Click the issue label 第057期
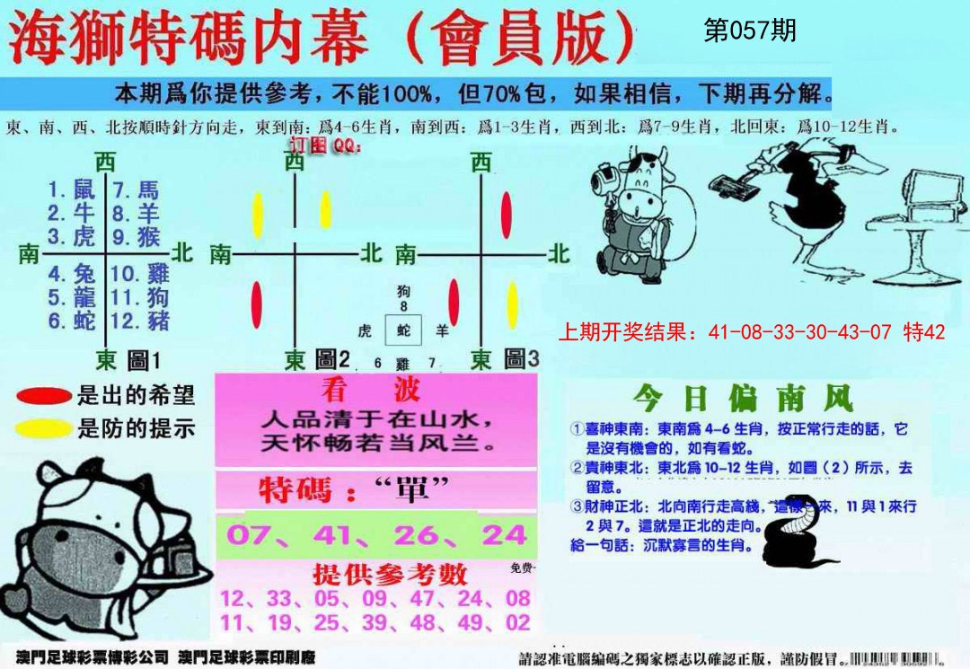point(749,31)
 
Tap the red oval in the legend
point(44,395)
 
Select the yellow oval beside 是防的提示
point(44,429)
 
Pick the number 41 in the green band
point(337,535)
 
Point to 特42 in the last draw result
point(924,332)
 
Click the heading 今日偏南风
point(742,398)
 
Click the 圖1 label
point(145,361)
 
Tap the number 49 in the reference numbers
point(468,622)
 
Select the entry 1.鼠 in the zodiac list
point(71,189)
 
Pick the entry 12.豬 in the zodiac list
point(139,321)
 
